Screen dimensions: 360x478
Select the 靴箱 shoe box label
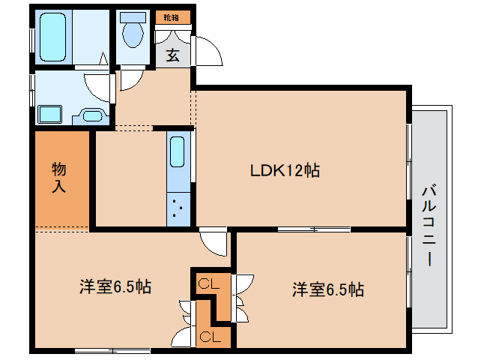tap(172, 16)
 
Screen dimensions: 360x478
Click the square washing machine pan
tap(49, 115)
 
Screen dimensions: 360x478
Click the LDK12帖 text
tap(285, 170)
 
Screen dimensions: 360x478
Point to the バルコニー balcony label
tap(429, 225)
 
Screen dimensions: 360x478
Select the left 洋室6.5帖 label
tap(115, 286)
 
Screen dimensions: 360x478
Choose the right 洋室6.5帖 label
tap(328, 289)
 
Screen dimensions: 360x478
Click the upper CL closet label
tap(208, 283)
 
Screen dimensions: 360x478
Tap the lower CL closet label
tap(209, 336)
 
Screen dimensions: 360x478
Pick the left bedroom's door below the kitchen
tap(214, 242)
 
